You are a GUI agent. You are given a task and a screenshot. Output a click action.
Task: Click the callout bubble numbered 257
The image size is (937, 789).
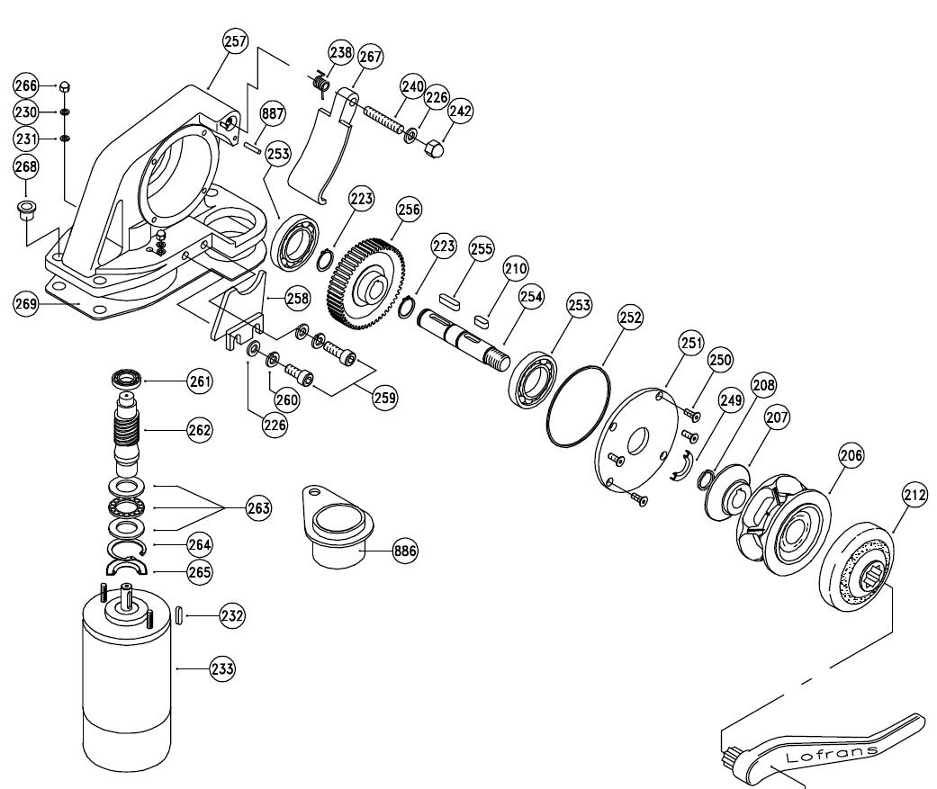point(236,42)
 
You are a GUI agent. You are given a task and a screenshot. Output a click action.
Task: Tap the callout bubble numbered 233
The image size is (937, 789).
point(222,668)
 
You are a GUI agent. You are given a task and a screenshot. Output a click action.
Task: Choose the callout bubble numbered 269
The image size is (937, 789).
point(25,304)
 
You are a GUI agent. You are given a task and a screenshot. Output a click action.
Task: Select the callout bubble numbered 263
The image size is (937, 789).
point(258,508)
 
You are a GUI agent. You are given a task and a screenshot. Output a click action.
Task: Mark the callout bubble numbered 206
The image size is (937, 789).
point(851,456)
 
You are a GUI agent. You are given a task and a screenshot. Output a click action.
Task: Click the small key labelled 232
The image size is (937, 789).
point(178,615)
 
